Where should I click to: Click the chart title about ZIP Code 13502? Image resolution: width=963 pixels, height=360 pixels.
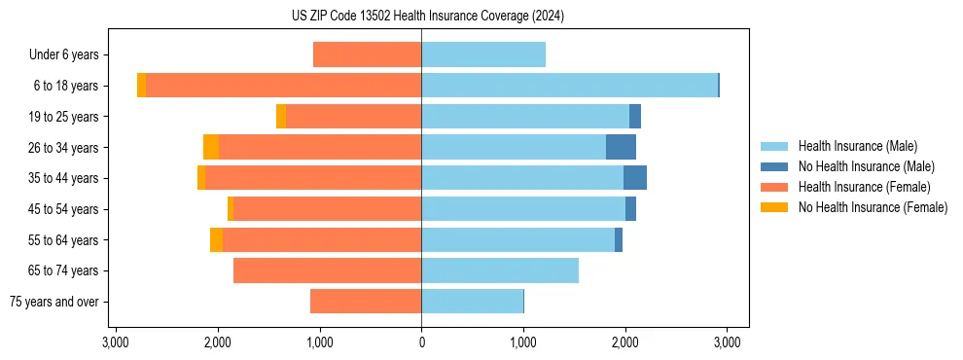click(421, 17)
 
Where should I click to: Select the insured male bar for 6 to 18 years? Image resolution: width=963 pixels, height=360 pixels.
click(569, 86)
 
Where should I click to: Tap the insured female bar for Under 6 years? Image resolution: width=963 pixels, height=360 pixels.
click(367, 54)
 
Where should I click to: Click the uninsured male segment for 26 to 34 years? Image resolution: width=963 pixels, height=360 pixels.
click(621, 147)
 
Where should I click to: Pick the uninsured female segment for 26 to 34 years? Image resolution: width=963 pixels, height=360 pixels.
click(211, 147)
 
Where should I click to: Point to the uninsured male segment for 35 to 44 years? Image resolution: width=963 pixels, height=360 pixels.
click(635, 178)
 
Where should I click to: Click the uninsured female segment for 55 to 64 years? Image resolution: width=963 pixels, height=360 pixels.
click(216, 239)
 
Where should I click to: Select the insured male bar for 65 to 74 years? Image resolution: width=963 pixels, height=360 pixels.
click(500, 270)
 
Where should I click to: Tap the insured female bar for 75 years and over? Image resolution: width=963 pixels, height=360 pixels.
click(366, 302)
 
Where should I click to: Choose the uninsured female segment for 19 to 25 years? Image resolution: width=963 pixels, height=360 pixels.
click(281, 117)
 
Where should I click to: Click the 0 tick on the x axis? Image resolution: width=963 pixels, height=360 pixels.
click(421, 342)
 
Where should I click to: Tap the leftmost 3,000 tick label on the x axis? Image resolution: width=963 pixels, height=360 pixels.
click(116, 342)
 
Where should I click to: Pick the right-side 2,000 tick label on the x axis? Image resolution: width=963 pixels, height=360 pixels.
click(625, 342)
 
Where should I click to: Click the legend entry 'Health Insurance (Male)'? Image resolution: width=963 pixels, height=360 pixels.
click(857, 146)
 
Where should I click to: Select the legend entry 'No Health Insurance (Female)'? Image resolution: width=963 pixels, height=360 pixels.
click(873, 207)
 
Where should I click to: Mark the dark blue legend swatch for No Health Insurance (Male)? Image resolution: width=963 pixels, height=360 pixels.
click(774, 166)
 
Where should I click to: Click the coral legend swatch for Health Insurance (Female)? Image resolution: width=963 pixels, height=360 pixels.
click(774, 187)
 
